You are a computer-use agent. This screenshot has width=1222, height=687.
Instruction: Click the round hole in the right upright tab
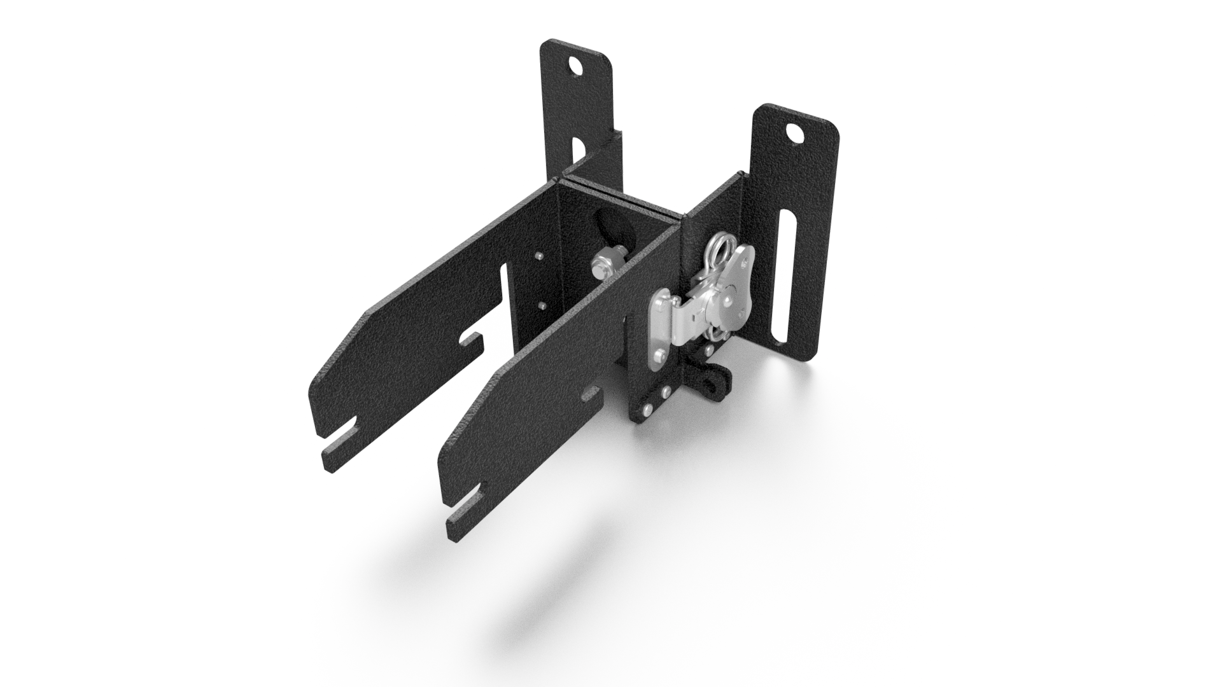point(794,133)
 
